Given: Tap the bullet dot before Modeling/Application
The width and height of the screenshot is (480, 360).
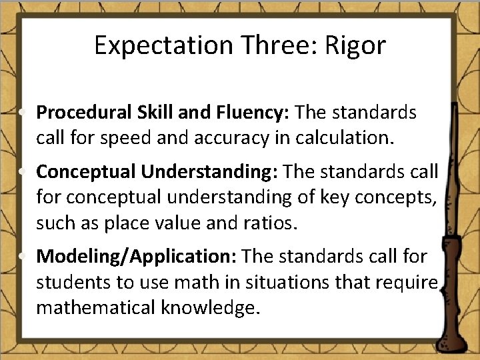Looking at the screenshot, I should (x=24, y=257).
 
